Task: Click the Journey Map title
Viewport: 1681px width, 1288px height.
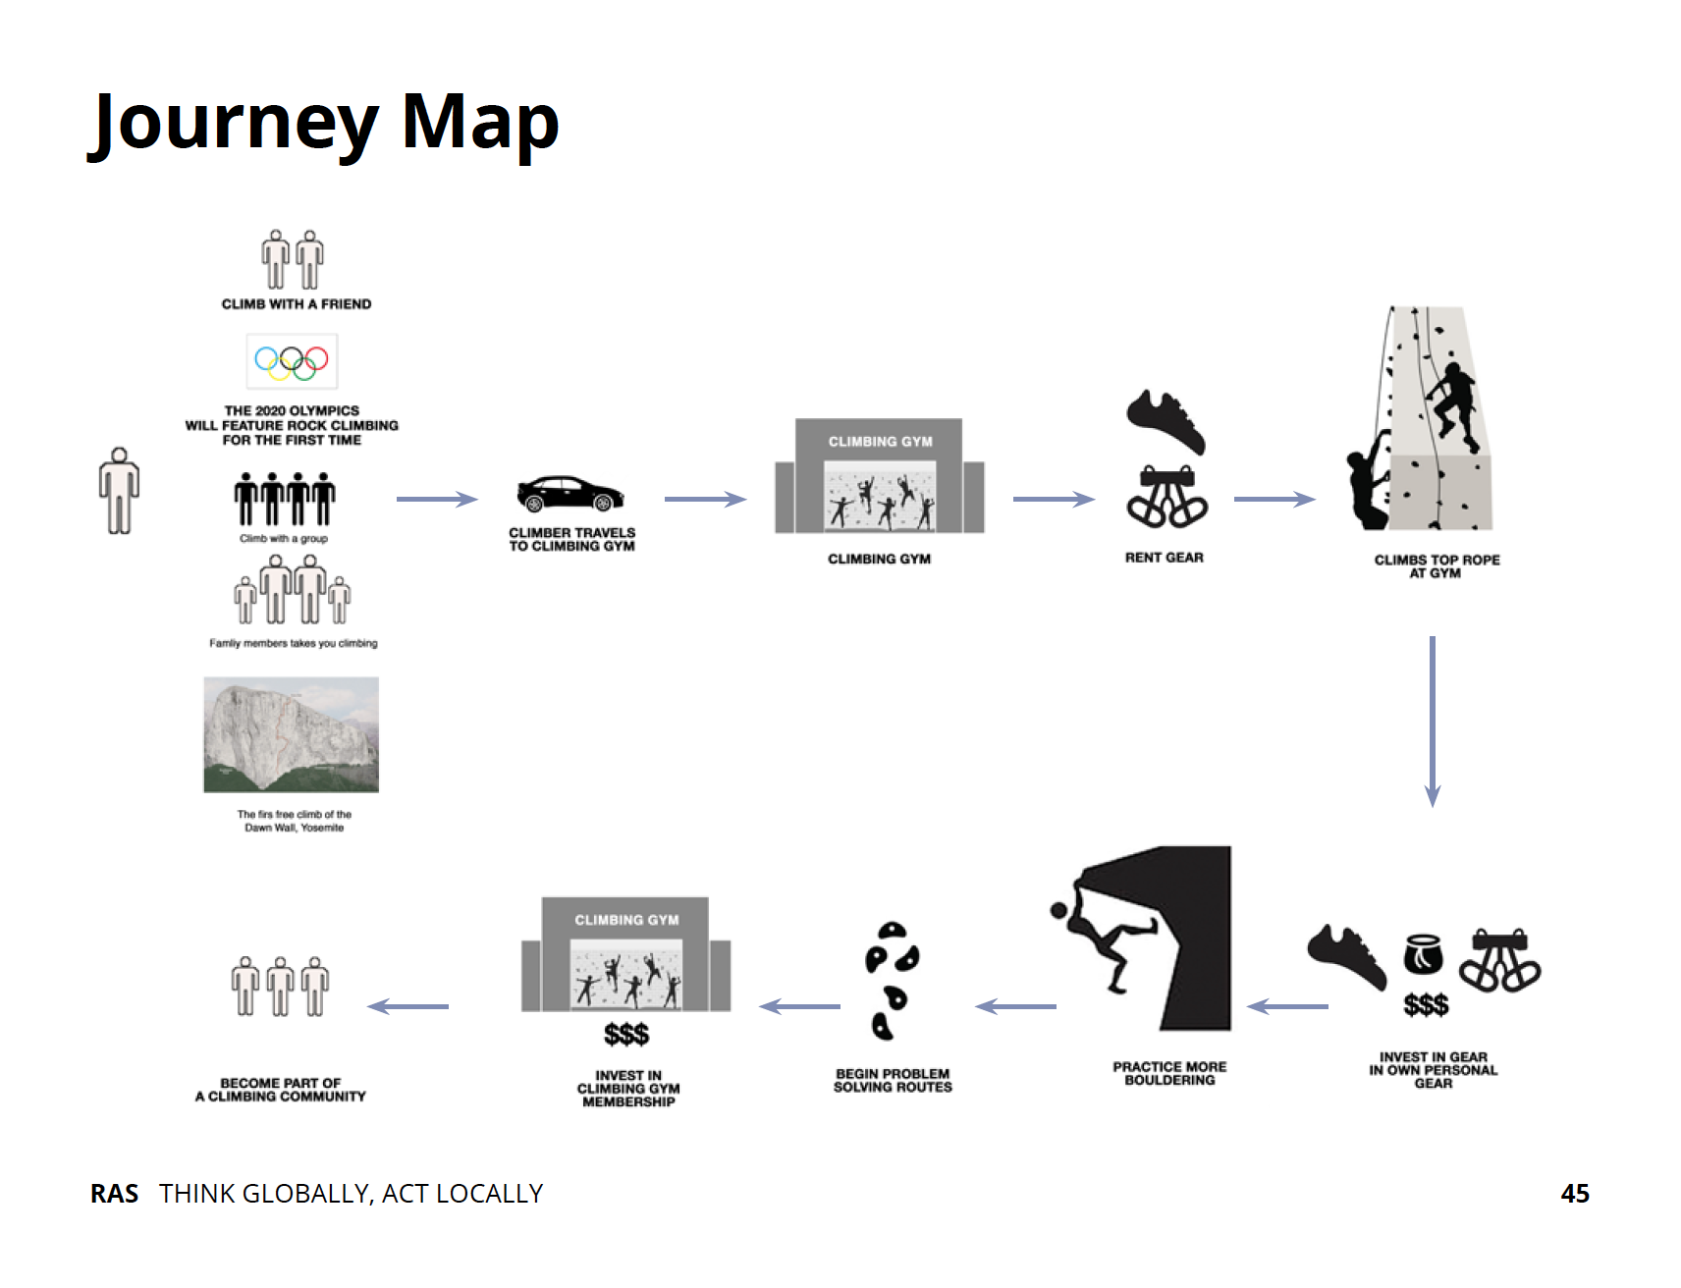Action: coord(324,124)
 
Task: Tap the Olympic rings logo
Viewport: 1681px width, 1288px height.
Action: coord(292,362)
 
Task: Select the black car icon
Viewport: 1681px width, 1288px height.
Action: coord(570,494)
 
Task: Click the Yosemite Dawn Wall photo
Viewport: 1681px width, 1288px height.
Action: coord(291,734)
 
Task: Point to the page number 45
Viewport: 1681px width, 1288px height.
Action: coord(1574,1193)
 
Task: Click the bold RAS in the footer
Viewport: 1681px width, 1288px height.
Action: coord(114,1193)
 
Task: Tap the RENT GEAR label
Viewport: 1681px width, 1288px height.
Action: coord(1164,558)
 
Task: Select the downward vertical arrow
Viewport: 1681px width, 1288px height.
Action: coord(1433,722)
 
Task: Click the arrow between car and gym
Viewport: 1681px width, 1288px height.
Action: coord(705,500)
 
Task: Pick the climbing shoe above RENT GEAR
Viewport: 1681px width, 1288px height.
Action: coord(1166,420)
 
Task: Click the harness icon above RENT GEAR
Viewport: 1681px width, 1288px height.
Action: coord(1166,497)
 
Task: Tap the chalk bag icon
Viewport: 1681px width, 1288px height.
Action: coord(1423,953)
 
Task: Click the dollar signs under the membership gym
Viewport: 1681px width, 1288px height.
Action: coord(626,1034)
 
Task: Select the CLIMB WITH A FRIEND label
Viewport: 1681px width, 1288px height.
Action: coord(297,304)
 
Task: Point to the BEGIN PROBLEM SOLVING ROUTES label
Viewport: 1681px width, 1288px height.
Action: coord(893,1080)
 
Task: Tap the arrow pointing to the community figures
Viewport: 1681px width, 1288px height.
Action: coord(408,1006)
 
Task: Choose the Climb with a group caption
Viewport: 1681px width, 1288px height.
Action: coord(284,538)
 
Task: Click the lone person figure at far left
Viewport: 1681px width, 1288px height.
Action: coord(119,491)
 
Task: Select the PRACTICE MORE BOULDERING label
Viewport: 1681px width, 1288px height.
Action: coord(1169,1073)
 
